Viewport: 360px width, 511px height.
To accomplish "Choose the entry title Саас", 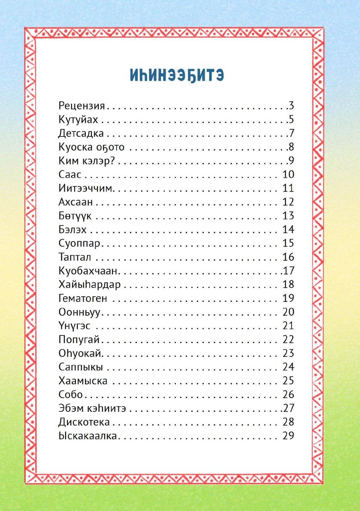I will click(x=70, y=175).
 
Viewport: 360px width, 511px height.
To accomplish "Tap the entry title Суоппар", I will click(x=79, y=243).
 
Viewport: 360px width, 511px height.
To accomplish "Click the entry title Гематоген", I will click(x=83, y=298).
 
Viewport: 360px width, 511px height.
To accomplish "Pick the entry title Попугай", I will click(x=79, y=340).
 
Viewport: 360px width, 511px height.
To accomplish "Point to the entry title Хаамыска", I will click(x=83, y=381).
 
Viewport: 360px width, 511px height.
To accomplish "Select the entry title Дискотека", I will click(x=84, y=422).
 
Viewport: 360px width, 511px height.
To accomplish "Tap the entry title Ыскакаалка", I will click(x=88, y=436).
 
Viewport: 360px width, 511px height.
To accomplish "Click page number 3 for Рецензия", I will click(x=291, y=106).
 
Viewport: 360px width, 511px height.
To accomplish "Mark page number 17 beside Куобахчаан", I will click(x=288, y=271).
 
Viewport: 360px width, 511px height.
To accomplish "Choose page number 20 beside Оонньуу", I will click(x=288, y=312).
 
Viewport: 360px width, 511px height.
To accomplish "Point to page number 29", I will click(x=288, y=436).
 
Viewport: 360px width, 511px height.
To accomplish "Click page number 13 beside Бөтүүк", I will click(x=288, y=216).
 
